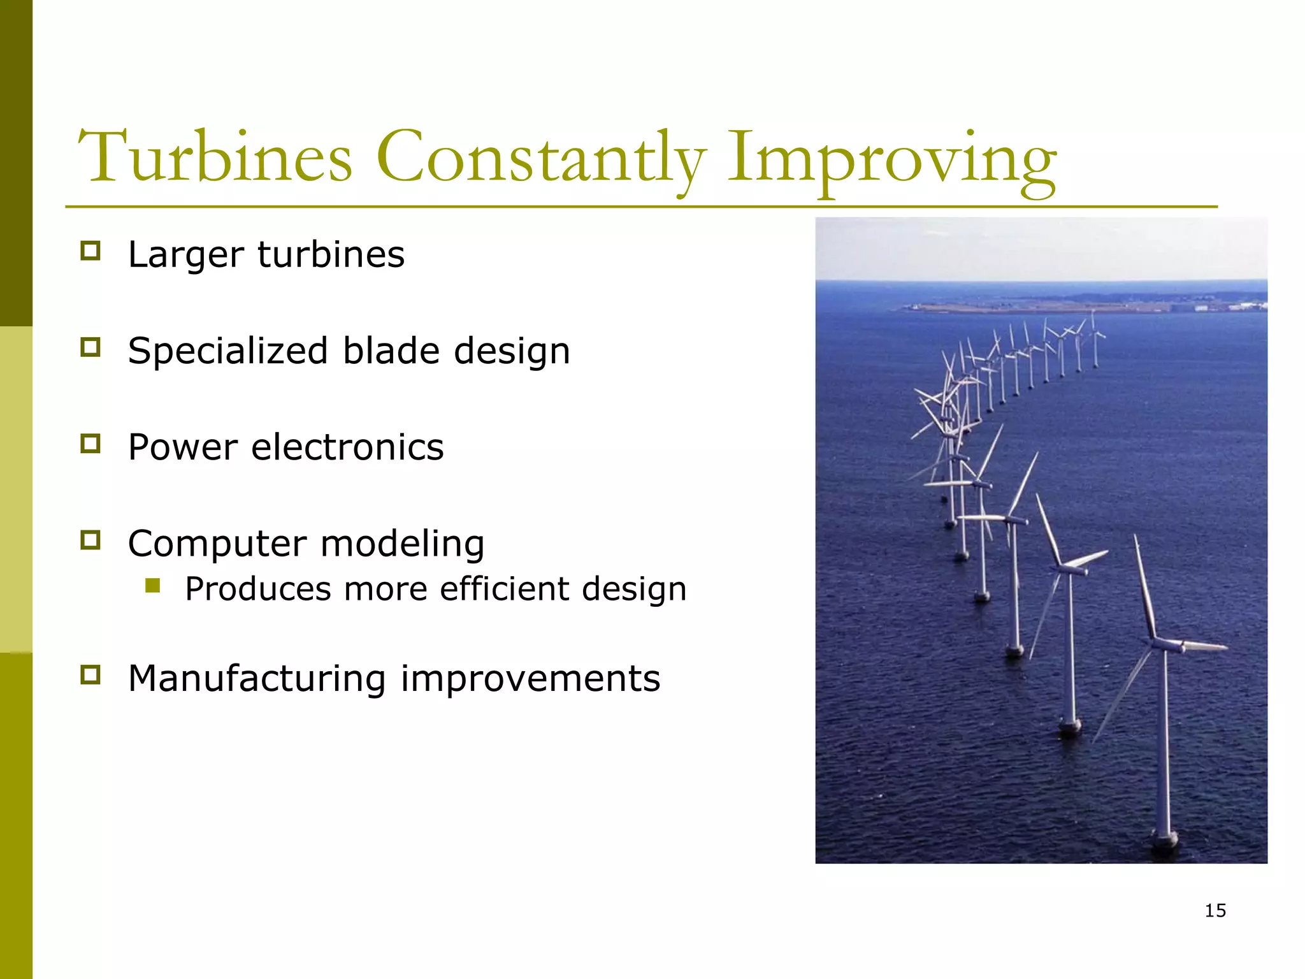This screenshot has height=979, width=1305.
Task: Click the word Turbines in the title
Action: [215, 157]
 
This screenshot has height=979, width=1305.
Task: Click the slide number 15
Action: [1215, 910]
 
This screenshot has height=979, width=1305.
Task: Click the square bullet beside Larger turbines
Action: [90, 250]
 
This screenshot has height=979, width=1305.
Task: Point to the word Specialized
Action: [228, 351]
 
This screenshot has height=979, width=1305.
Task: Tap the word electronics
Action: [347, 447]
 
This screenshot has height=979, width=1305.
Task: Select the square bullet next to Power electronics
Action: [90, 443]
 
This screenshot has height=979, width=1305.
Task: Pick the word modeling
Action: [402, 544]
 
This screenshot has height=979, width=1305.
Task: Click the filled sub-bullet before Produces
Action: [152, 585]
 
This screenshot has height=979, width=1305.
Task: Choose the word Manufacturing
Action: [257, 678]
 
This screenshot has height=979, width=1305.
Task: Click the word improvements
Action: [530, 678]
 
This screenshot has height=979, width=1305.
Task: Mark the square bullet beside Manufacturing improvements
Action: [90, 674]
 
